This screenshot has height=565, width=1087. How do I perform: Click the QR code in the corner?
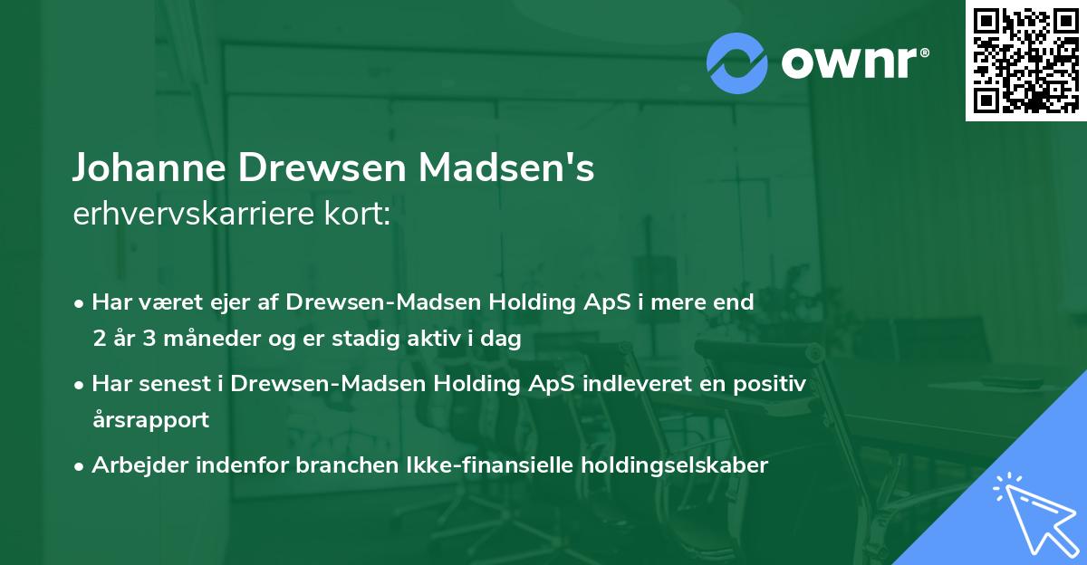click(x=1025, y=61)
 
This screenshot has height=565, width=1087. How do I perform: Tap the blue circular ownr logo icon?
click(x=737, y=62)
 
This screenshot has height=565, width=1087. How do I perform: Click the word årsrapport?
click(x=150, y=420)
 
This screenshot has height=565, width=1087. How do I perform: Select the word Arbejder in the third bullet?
click(x=133, y=465)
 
